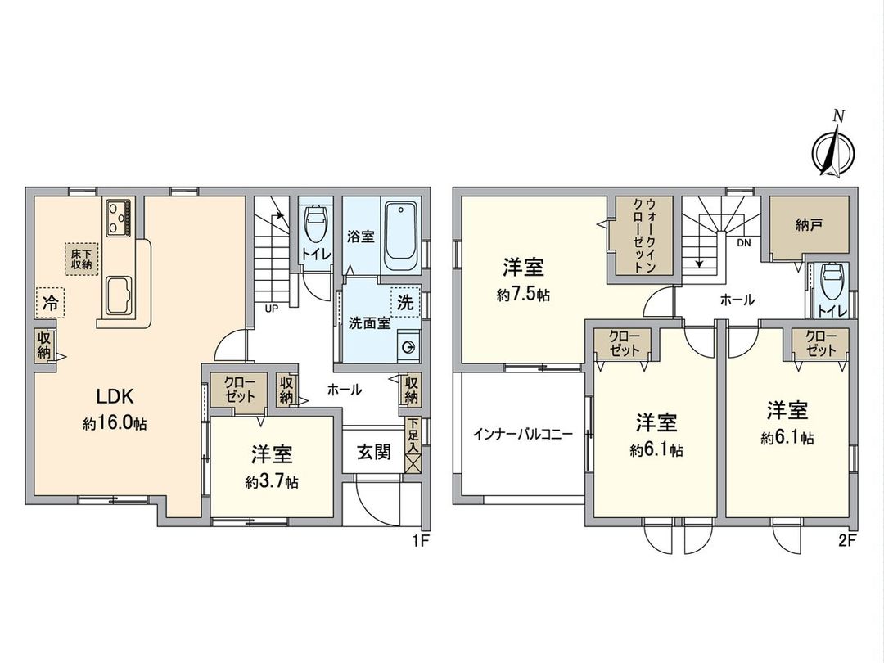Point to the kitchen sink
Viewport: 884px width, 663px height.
pos(120,293)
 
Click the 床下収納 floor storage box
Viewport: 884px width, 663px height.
pos(80,259)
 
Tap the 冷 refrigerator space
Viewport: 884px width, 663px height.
pos(50,303)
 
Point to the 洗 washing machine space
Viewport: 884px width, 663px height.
pos(405,302)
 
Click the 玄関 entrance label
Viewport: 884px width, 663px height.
pos(373,452)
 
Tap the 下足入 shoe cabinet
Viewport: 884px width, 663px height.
pos(413,446)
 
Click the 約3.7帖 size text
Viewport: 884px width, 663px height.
pos(272,482)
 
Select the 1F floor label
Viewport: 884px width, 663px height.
pos(419,541)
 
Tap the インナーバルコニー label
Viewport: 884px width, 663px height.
pos(522,435)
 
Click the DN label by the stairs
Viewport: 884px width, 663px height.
pos(743,243)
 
